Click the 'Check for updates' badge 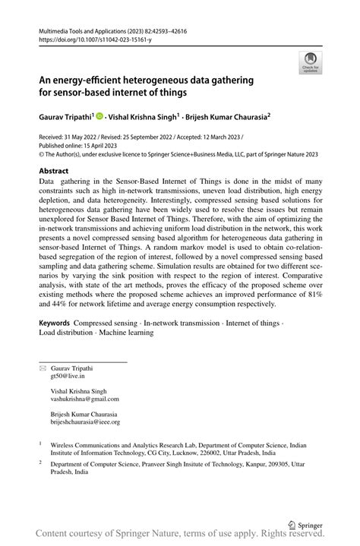pyautogui.click(x=310, y=63)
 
